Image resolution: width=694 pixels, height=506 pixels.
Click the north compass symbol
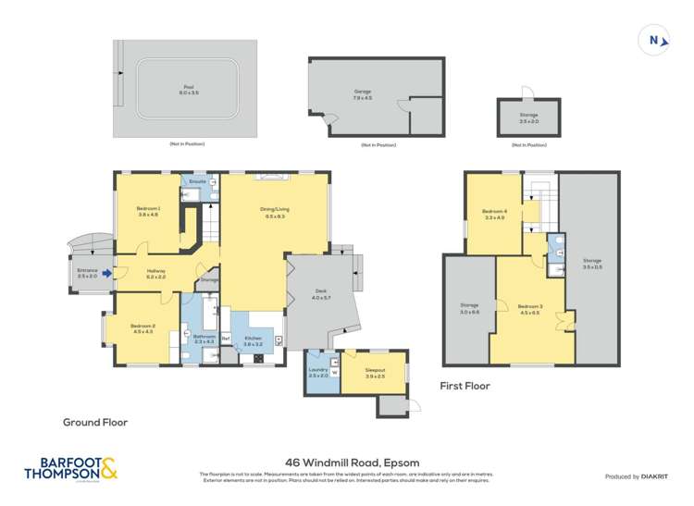653,41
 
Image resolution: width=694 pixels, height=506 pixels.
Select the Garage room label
363,93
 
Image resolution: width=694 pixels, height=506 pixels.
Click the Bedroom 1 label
148,211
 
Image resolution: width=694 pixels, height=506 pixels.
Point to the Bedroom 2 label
143,329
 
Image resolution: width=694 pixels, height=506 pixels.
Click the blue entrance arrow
107,273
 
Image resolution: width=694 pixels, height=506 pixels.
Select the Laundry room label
317,372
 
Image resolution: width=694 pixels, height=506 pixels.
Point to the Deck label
320,294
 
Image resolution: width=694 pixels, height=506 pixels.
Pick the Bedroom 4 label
494,215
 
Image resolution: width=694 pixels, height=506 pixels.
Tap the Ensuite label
196,181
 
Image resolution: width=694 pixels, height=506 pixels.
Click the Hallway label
155,274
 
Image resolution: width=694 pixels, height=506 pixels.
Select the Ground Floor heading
95,422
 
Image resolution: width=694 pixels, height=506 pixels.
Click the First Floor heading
465,386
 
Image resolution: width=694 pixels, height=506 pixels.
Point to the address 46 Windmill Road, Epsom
347,461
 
